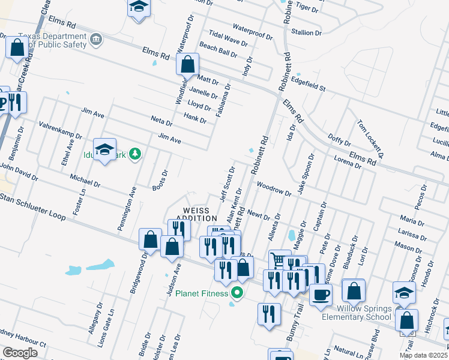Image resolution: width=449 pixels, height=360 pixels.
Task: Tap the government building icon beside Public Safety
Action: pyautogui.click(x=95, y=40)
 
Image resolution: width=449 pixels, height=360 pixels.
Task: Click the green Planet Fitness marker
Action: pyautogui.click(x=237, y=293)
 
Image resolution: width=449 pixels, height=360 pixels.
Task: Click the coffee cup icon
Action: pyautogui.click(x=321, y=295)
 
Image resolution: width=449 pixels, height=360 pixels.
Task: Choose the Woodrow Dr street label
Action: pyautogui.click(x=273, y=190)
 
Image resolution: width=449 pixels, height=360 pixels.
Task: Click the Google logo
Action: pyautogui.click(x=20, y=352)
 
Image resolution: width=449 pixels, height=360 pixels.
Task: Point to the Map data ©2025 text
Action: pyautogui.click(x=423, y=355)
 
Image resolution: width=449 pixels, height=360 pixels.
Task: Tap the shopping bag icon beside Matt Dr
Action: pyautogui.click(x=188, y=64)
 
